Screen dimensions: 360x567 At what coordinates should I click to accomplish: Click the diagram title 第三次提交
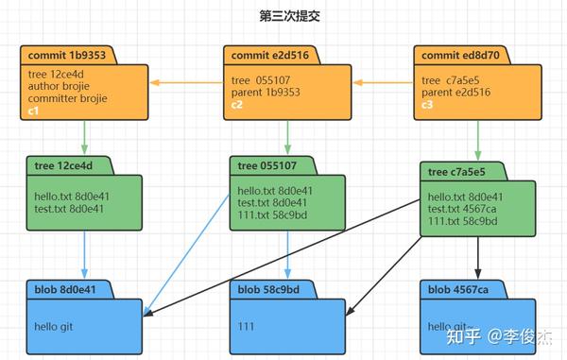point(283,16)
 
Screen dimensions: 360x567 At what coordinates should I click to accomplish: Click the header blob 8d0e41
point(68,288)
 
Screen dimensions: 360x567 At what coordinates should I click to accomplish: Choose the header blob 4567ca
point(456,288)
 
